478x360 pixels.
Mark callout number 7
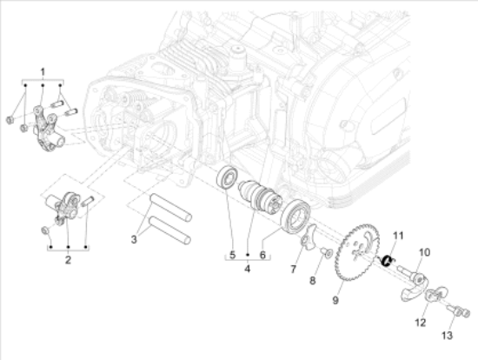(x=294, y=271)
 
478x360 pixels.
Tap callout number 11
(x=397, y=236)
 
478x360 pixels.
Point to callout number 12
(x=420, y=322)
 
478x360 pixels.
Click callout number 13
(x=447, y=335)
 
